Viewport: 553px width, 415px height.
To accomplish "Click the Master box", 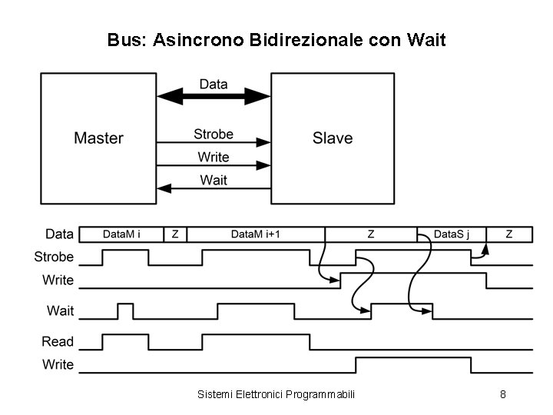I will [98, 138].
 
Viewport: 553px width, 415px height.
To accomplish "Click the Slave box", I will [332, 138].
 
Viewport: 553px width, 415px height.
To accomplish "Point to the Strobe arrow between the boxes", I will [214, 142].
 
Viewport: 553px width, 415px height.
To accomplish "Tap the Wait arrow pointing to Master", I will [214, 188].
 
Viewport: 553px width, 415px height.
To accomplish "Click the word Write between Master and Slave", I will [214, 158].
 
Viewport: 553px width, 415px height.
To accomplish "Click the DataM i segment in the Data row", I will [121, 234].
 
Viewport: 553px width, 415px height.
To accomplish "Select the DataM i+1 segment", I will [255, 234].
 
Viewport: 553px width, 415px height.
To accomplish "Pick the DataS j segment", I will [451, 234].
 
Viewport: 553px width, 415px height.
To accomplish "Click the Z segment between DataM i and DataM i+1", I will [174, 234].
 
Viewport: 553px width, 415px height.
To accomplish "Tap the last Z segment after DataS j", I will [508, 234].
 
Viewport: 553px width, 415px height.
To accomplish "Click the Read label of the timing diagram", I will [58, 341].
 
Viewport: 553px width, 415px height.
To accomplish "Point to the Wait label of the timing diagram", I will [61, 310].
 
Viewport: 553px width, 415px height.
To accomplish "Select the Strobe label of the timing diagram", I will [55, 257].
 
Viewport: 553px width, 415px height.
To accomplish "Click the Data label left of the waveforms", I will [60, 234].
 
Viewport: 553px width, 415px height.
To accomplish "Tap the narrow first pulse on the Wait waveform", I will [124, 310].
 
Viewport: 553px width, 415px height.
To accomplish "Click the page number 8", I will [502, 394].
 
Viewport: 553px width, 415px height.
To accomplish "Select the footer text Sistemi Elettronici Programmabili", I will [276, 394].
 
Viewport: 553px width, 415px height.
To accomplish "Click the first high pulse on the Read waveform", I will [125, 340].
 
